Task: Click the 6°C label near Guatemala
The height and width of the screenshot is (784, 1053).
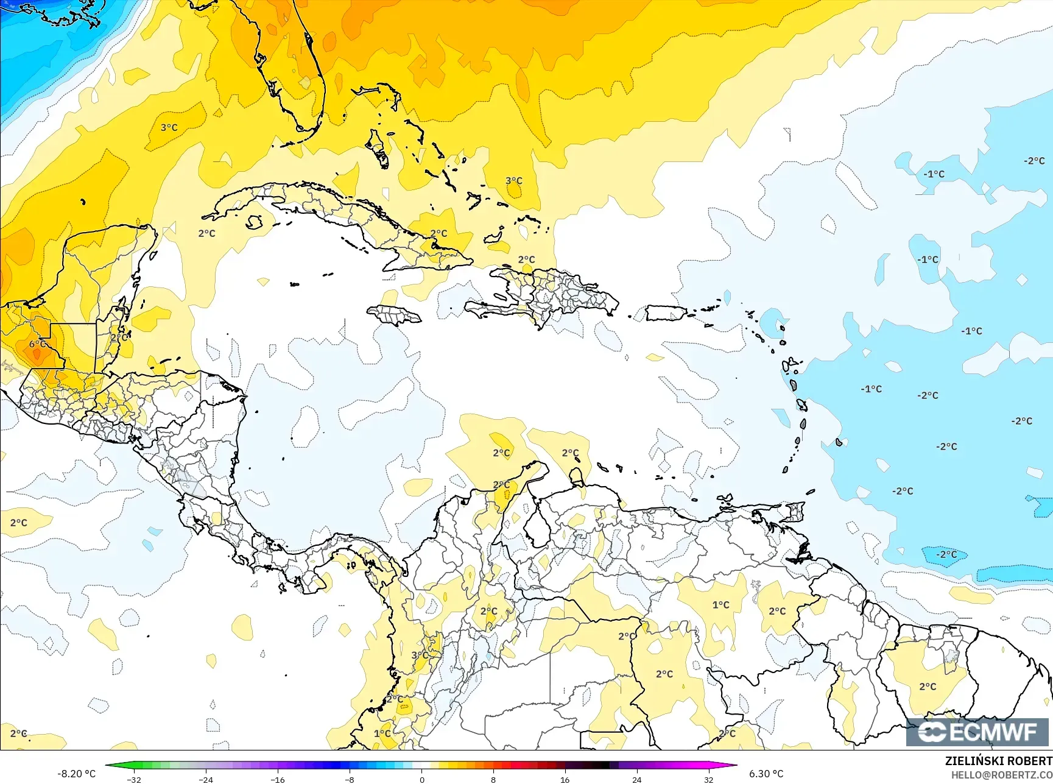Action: click(x=37, y=344)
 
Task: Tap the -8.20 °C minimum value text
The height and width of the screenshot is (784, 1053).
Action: click(x=76, y=774)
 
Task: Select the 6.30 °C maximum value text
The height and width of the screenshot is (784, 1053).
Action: click(x=766, y=774)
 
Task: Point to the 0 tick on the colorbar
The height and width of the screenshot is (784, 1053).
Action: click(x=421, y=779)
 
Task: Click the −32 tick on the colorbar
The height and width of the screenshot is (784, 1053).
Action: click(x=134, y=779)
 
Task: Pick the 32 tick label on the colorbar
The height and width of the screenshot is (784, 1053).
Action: click(x=708, y=779)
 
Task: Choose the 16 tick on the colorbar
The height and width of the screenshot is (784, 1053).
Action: click(x=565, y=779)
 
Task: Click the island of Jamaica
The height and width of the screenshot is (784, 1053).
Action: click(x=394, y=315)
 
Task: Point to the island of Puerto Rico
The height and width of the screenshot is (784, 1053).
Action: click(x=666, y=313)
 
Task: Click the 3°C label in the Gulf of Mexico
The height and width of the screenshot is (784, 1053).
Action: click(x=169, y=127)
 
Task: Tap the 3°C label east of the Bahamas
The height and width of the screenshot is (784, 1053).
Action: click(x=514, y=181)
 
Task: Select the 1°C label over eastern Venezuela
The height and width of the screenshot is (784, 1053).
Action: click(x=720, y=605)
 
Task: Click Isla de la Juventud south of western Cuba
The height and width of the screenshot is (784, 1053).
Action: click(x=255, y=222)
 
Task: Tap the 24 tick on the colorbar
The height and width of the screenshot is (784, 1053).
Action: click(x=636, y=779)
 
